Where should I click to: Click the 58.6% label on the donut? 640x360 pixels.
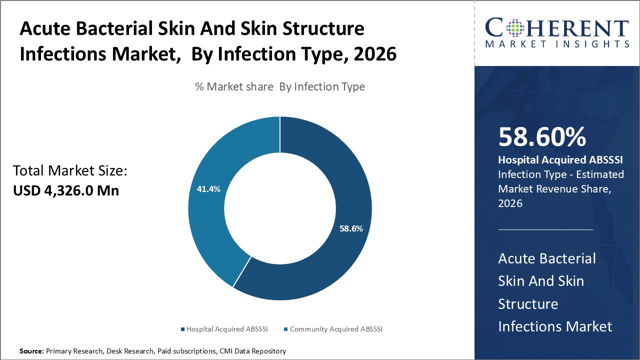350,228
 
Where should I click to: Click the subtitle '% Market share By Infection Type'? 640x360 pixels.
279,86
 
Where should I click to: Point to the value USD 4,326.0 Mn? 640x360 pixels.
66,190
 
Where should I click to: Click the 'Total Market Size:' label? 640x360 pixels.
70,171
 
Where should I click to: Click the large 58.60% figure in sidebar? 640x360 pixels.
542,137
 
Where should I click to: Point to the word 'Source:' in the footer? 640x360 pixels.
31,351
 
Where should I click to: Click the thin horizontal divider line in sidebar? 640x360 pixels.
545,229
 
